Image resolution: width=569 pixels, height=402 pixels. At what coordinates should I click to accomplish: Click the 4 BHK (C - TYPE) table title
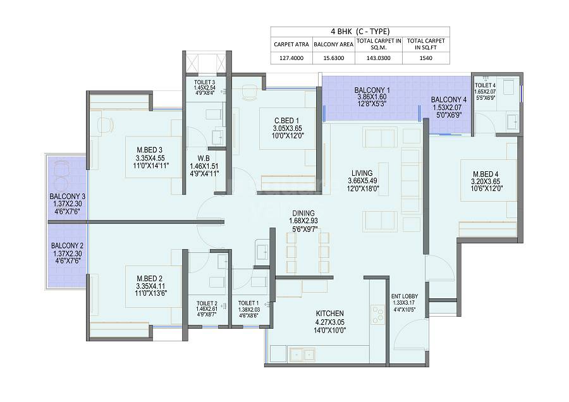[x=360, y=32]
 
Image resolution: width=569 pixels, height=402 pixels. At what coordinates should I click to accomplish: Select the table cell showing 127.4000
[x=288, y=58]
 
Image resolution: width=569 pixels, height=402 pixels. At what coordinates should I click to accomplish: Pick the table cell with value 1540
[x=427, y=58]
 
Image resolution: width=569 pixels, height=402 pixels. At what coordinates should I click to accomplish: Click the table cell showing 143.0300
[x=379, y=58]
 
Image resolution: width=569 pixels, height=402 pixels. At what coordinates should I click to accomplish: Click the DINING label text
[x=303, y=213]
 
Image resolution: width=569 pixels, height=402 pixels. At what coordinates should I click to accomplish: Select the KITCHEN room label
[x=329, y=314]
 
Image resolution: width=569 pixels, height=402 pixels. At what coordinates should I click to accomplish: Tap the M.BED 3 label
[x=150, y=149]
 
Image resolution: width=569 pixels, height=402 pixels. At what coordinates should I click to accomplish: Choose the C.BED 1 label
[x=286, y=120]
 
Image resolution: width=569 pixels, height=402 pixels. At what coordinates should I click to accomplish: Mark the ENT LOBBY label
[x=405, y=295]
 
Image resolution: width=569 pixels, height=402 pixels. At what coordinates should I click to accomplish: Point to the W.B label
[x=203, y=159]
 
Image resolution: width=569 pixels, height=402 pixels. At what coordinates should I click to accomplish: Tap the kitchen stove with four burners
[x=378, y=313]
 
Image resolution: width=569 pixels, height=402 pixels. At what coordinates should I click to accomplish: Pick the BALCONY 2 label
[x=67, y=245]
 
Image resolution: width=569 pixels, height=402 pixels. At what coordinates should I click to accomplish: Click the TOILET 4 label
[x=485, y=85]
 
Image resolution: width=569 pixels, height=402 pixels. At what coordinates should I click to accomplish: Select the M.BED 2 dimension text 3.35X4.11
[x=150, y=285]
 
